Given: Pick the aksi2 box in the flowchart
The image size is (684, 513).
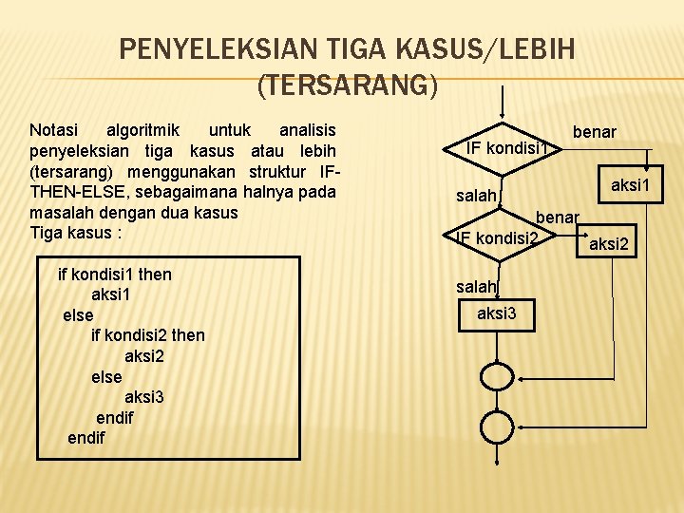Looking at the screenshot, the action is (609, 245).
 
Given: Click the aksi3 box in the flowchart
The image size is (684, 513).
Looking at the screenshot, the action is (497, 313).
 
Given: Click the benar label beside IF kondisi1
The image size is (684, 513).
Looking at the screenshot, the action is (594, 132).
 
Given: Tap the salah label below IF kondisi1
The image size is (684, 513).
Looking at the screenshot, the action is (476, 196).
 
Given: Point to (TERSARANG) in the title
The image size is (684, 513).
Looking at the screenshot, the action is (348, 85).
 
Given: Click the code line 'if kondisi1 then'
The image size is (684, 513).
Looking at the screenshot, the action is (115, 275).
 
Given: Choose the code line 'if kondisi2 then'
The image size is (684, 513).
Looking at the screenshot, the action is (147, 335).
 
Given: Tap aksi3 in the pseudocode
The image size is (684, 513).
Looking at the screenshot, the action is (143, 397).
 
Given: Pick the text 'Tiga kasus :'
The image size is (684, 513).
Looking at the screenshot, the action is (75, 233).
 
